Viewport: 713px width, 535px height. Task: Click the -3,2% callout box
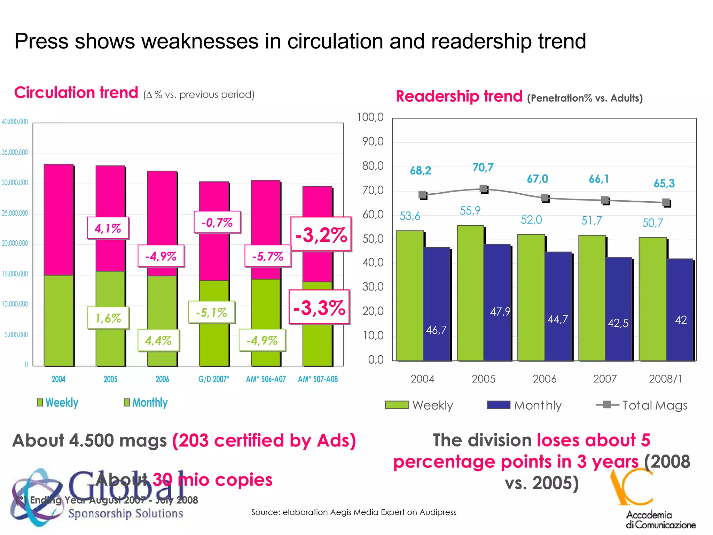[321, 234]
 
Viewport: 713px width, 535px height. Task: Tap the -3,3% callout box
[319, 307]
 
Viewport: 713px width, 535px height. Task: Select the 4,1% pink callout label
[108, 228]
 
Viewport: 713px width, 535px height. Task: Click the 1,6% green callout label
[108, 318]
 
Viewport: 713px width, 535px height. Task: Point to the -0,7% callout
[217, 222]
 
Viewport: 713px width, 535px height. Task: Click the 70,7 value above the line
[483, 168]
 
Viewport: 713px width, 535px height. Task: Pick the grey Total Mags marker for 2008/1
[666, 202]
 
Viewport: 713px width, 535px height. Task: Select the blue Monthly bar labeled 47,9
[497, 303]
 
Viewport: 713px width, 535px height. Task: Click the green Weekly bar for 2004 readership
[409, 296]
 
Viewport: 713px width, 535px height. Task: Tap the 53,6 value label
[410, 216]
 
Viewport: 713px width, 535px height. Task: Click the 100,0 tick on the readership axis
[370, 117]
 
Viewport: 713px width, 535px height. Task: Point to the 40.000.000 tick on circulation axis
[15, 122]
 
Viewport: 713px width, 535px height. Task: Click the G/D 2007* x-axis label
[214, 379]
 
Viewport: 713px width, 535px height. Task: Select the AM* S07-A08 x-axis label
[318, 379]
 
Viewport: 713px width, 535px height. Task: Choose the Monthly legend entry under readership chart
[525, 405]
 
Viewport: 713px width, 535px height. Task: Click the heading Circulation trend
[76, 93]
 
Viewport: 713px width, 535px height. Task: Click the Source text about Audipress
[354, 512]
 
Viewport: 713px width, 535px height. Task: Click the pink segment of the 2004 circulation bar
[58, 219]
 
